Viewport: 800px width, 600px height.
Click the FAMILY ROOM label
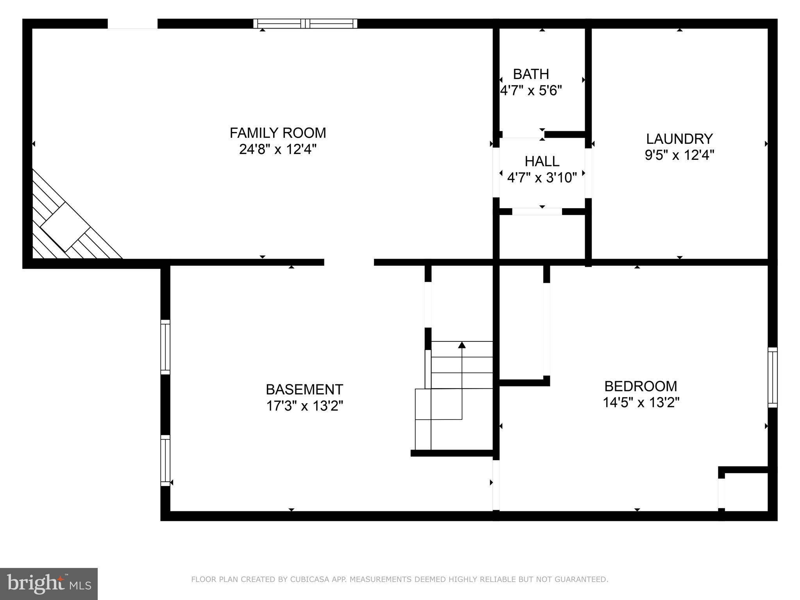coord(277,133)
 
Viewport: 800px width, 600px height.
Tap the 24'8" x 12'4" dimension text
coord(277,149)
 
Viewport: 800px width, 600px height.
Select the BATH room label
coord(531,74)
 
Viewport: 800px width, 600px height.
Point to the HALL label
coord(542,161)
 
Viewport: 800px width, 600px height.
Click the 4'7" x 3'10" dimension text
coord(542,178)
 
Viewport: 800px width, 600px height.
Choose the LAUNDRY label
coord(679,139)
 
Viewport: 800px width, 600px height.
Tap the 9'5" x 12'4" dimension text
coord(679,155)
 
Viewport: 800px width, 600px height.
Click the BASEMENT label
coord(304,389)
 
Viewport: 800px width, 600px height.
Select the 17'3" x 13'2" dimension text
coord(304,406)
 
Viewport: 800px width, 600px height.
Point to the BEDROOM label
coord(641,386)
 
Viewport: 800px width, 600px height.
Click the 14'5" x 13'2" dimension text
coord(641,402)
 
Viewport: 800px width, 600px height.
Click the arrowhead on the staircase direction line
coord(462,345)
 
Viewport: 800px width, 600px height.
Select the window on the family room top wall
coord(305,23)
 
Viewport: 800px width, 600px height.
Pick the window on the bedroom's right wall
coord(772,377)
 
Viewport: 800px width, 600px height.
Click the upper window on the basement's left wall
coord(165,347)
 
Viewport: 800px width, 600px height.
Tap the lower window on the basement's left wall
coord(165,461)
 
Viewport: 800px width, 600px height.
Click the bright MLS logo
coord(49,583)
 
